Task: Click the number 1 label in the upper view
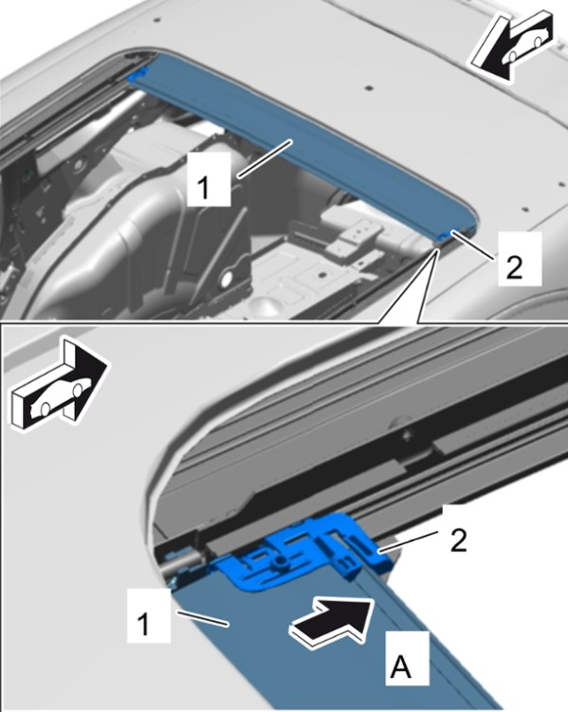click(204, 187)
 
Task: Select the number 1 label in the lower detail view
click(143, 624)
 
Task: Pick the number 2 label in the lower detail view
click(458, 540)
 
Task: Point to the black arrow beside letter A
click(333, 620)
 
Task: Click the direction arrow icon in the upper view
click(511, 46)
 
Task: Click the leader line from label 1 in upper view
click(265, 159)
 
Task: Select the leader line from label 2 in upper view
click(472, 245)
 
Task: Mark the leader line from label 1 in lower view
click(202, 618)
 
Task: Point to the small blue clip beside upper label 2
click(447, 234)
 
